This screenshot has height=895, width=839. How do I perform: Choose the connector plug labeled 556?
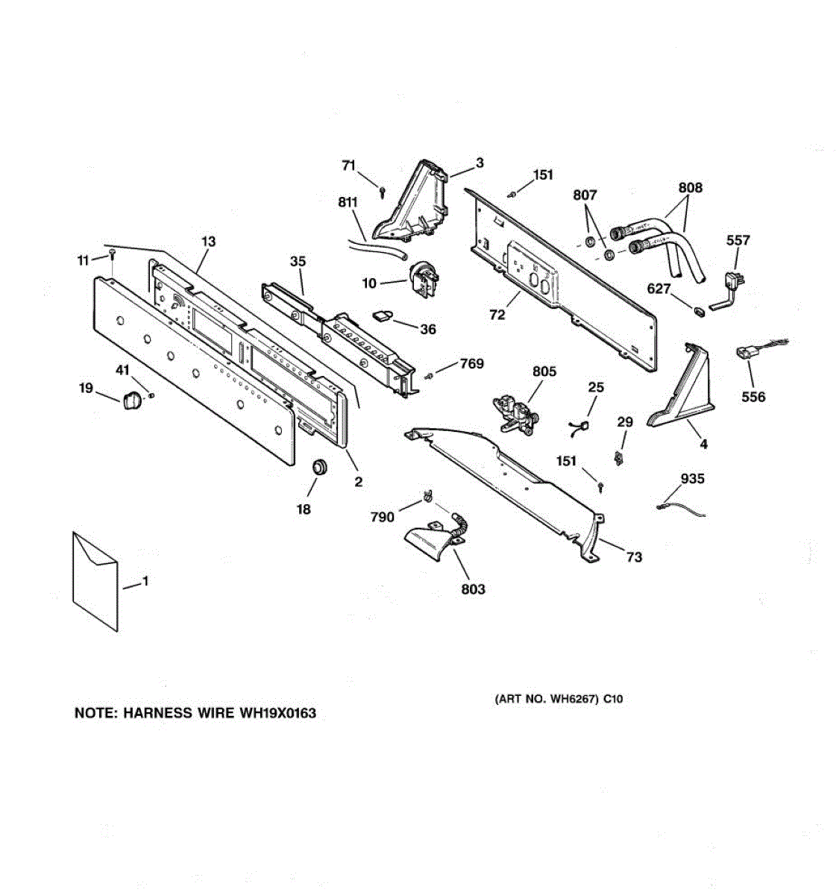click(x=747, y=356)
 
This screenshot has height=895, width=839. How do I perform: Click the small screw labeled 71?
click(x=383, y=191)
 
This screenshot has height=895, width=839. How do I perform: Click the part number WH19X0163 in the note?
click(x=277, y=713)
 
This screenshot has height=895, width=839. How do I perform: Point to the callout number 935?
click(x=692, y=479)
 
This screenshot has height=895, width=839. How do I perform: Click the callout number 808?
click(x=690, y=188)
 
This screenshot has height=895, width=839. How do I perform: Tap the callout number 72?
click(x=497, y=315)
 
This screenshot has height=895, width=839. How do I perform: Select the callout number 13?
click(x=208, y=241)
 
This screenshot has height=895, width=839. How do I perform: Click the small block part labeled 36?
click(x=383, y=316)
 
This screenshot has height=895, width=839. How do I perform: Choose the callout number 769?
click(x=471, y=363)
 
